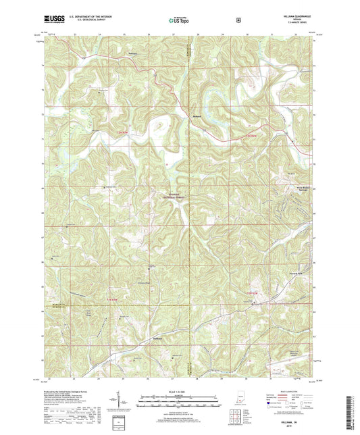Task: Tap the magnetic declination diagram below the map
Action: tap(125, 406)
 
